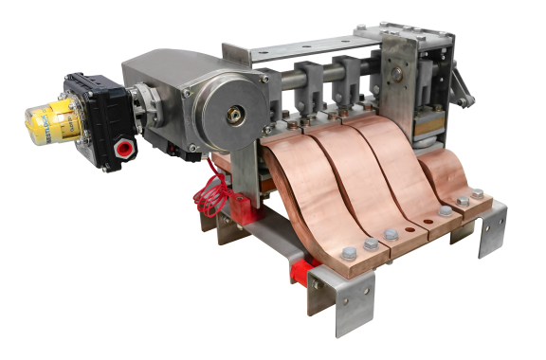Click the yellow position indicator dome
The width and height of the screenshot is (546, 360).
coord(46,117)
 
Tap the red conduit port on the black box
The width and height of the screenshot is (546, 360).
coord(122,149)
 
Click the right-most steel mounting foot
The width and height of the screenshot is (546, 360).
coord(493,232)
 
